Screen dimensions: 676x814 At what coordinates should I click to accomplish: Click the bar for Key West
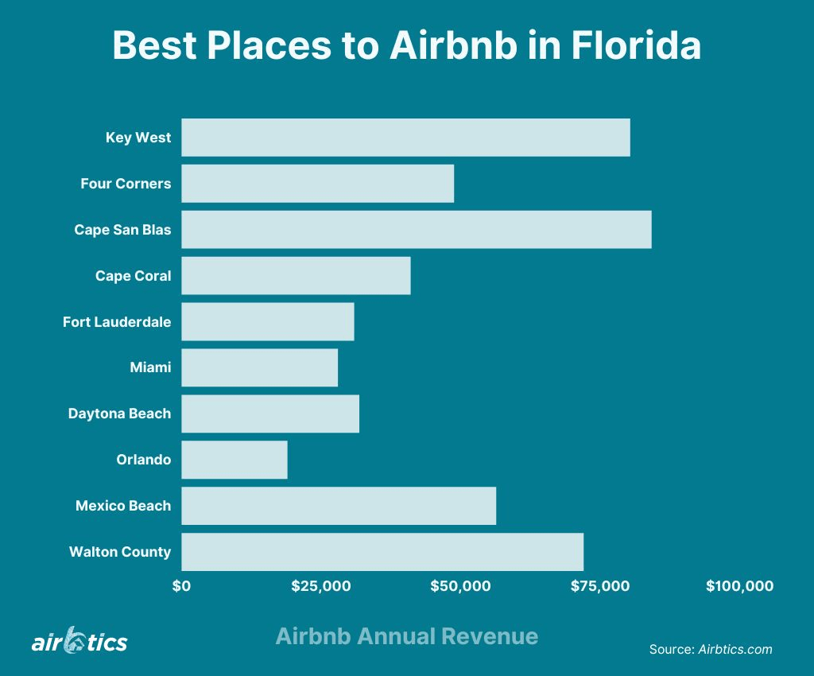[x=405, y=138]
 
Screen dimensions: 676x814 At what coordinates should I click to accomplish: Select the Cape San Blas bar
[x=416, y=230]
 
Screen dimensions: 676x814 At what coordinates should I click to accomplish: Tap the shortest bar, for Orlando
[x=235, y=460]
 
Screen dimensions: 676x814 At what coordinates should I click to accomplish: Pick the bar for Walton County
[x=382, y=552]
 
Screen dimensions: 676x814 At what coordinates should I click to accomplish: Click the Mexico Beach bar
[x=339, y=506]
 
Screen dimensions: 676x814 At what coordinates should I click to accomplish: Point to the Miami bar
[x=259, y=367]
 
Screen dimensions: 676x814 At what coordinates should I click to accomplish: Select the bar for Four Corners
[x=317, y=184]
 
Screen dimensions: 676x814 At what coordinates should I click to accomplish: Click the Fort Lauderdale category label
[x=117, y=322]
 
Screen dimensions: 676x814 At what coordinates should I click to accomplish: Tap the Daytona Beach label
[x=119, y=414]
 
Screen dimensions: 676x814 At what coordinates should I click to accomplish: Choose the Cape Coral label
[x=133, y=276]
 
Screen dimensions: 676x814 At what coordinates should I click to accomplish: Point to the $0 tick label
[x=181, y=586]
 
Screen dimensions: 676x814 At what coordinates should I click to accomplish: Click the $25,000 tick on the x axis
[x=320, y=586]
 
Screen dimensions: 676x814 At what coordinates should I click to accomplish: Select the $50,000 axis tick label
[x=460, y=586]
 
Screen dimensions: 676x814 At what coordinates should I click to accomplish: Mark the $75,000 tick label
[x=599, y=586]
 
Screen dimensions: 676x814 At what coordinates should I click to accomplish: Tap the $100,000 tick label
[x=739, y=586]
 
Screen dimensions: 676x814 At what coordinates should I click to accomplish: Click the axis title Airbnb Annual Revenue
[x=406, y=636]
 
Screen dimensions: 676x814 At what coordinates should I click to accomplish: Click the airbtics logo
[x=79, y=640]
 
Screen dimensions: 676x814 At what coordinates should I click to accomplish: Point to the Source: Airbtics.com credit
[x=711, y=649]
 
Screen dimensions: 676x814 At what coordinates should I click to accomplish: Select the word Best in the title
[x=154, y=45]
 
